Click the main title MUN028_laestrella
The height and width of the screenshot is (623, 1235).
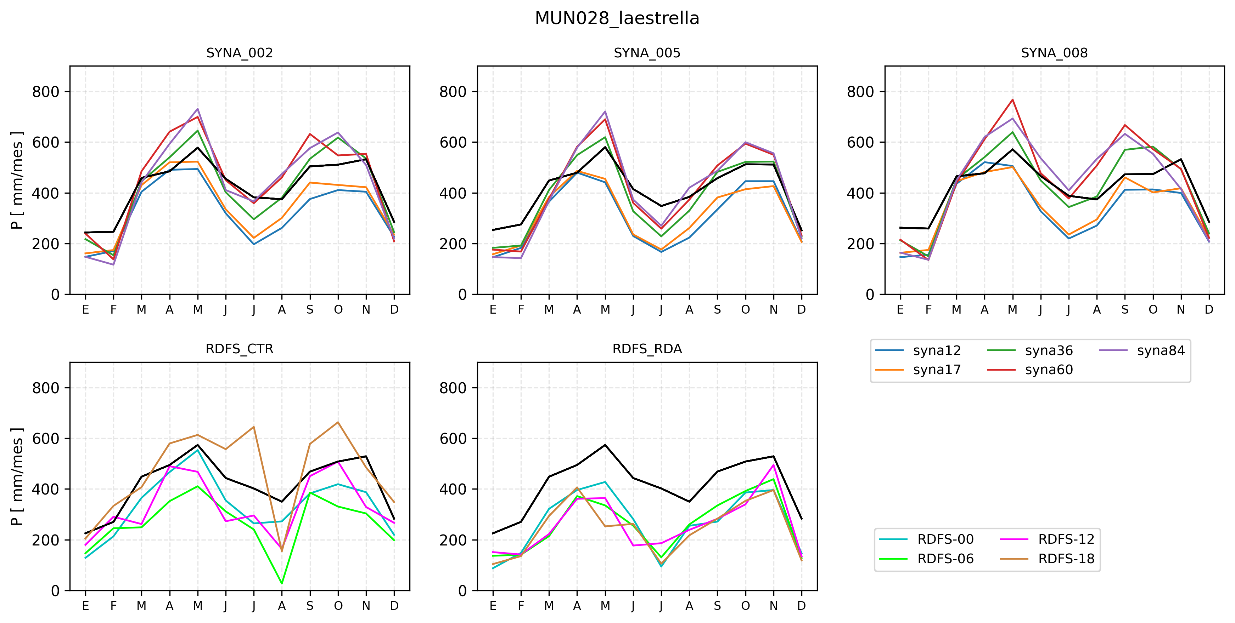(617, 18)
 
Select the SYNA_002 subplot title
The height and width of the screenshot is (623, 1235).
(239, 53)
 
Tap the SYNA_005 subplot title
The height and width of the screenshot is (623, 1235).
(647, 53)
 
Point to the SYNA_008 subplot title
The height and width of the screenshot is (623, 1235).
(1054, 53)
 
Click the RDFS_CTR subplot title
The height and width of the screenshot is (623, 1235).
(239, 349)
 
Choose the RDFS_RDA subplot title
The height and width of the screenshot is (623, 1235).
(647, 349)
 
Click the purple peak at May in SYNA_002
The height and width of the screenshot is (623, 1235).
(197, 109)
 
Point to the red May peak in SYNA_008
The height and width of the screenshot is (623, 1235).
(1012, 99)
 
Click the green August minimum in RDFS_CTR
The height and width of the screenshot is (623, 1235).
(282, 583)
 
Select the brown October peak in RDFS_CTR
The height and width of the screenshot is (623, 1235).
(338, 422)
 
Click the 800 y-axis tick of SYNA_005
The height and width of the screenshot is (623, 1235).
(453, 91)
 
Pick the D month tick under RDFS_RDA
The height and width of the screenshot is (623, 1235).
(801, 606)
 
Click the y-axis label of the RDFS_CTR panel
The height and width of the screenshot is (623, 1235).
(17, 476)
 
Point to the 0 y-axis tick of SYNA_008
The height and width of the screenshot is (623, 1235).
(870, 295)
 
